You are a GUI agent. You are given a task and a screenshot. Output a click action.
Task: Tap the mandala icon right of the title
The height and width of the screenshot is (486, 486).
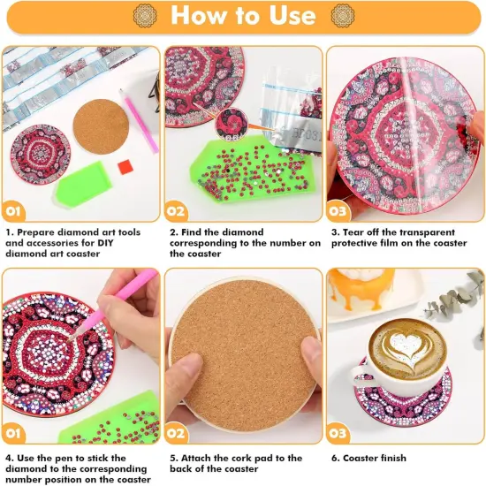pyautogui.click(x=342, y=15)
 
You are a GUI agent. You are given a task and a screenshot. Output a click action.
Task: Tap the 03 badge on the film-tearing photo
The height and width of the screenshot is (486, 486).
pyautogui.click(x=341, y=213)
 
